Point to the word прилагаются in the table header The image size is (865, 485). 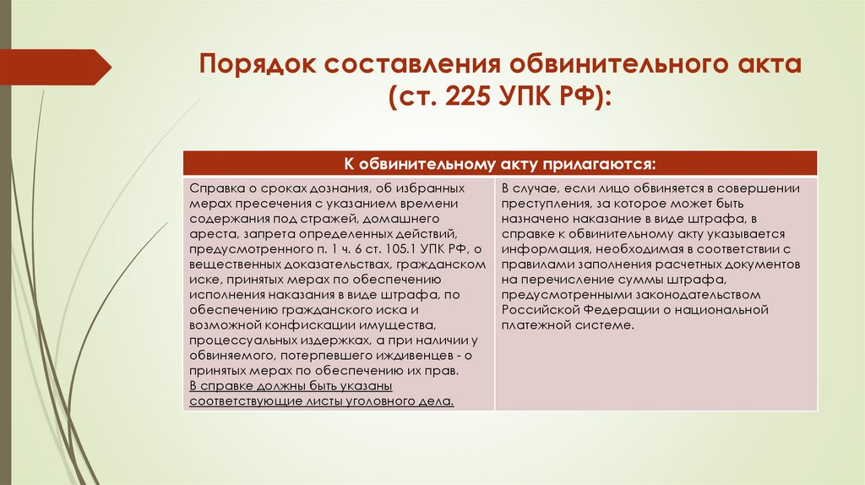tap(595, 162)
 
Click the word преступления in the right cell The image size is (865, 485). tap(539, 204)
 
